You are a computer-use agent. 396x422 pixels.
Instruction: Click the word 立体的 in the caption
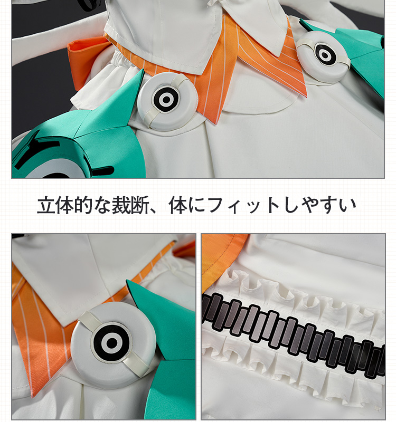coord(64,205)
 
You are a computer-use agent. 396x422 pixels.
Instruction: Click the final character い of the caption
coord(348,206)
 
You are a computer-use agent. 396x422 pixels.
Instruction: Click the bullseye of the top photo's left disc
coord(166,100)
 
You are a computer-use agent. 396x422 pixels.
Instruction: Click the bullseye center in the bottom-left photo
coord(111,343)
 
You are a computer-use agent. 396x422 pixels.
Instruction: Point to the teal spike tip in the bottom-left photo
coord(127,281)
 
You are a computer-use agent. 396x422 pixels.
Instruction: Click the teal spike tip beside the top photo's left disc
coord(143,70)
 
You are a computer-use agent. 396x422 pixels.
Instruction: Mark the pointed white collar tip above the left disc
coord(191,74)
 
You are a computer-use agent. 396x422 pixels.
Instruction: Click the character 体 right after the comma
coord(178,205)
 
